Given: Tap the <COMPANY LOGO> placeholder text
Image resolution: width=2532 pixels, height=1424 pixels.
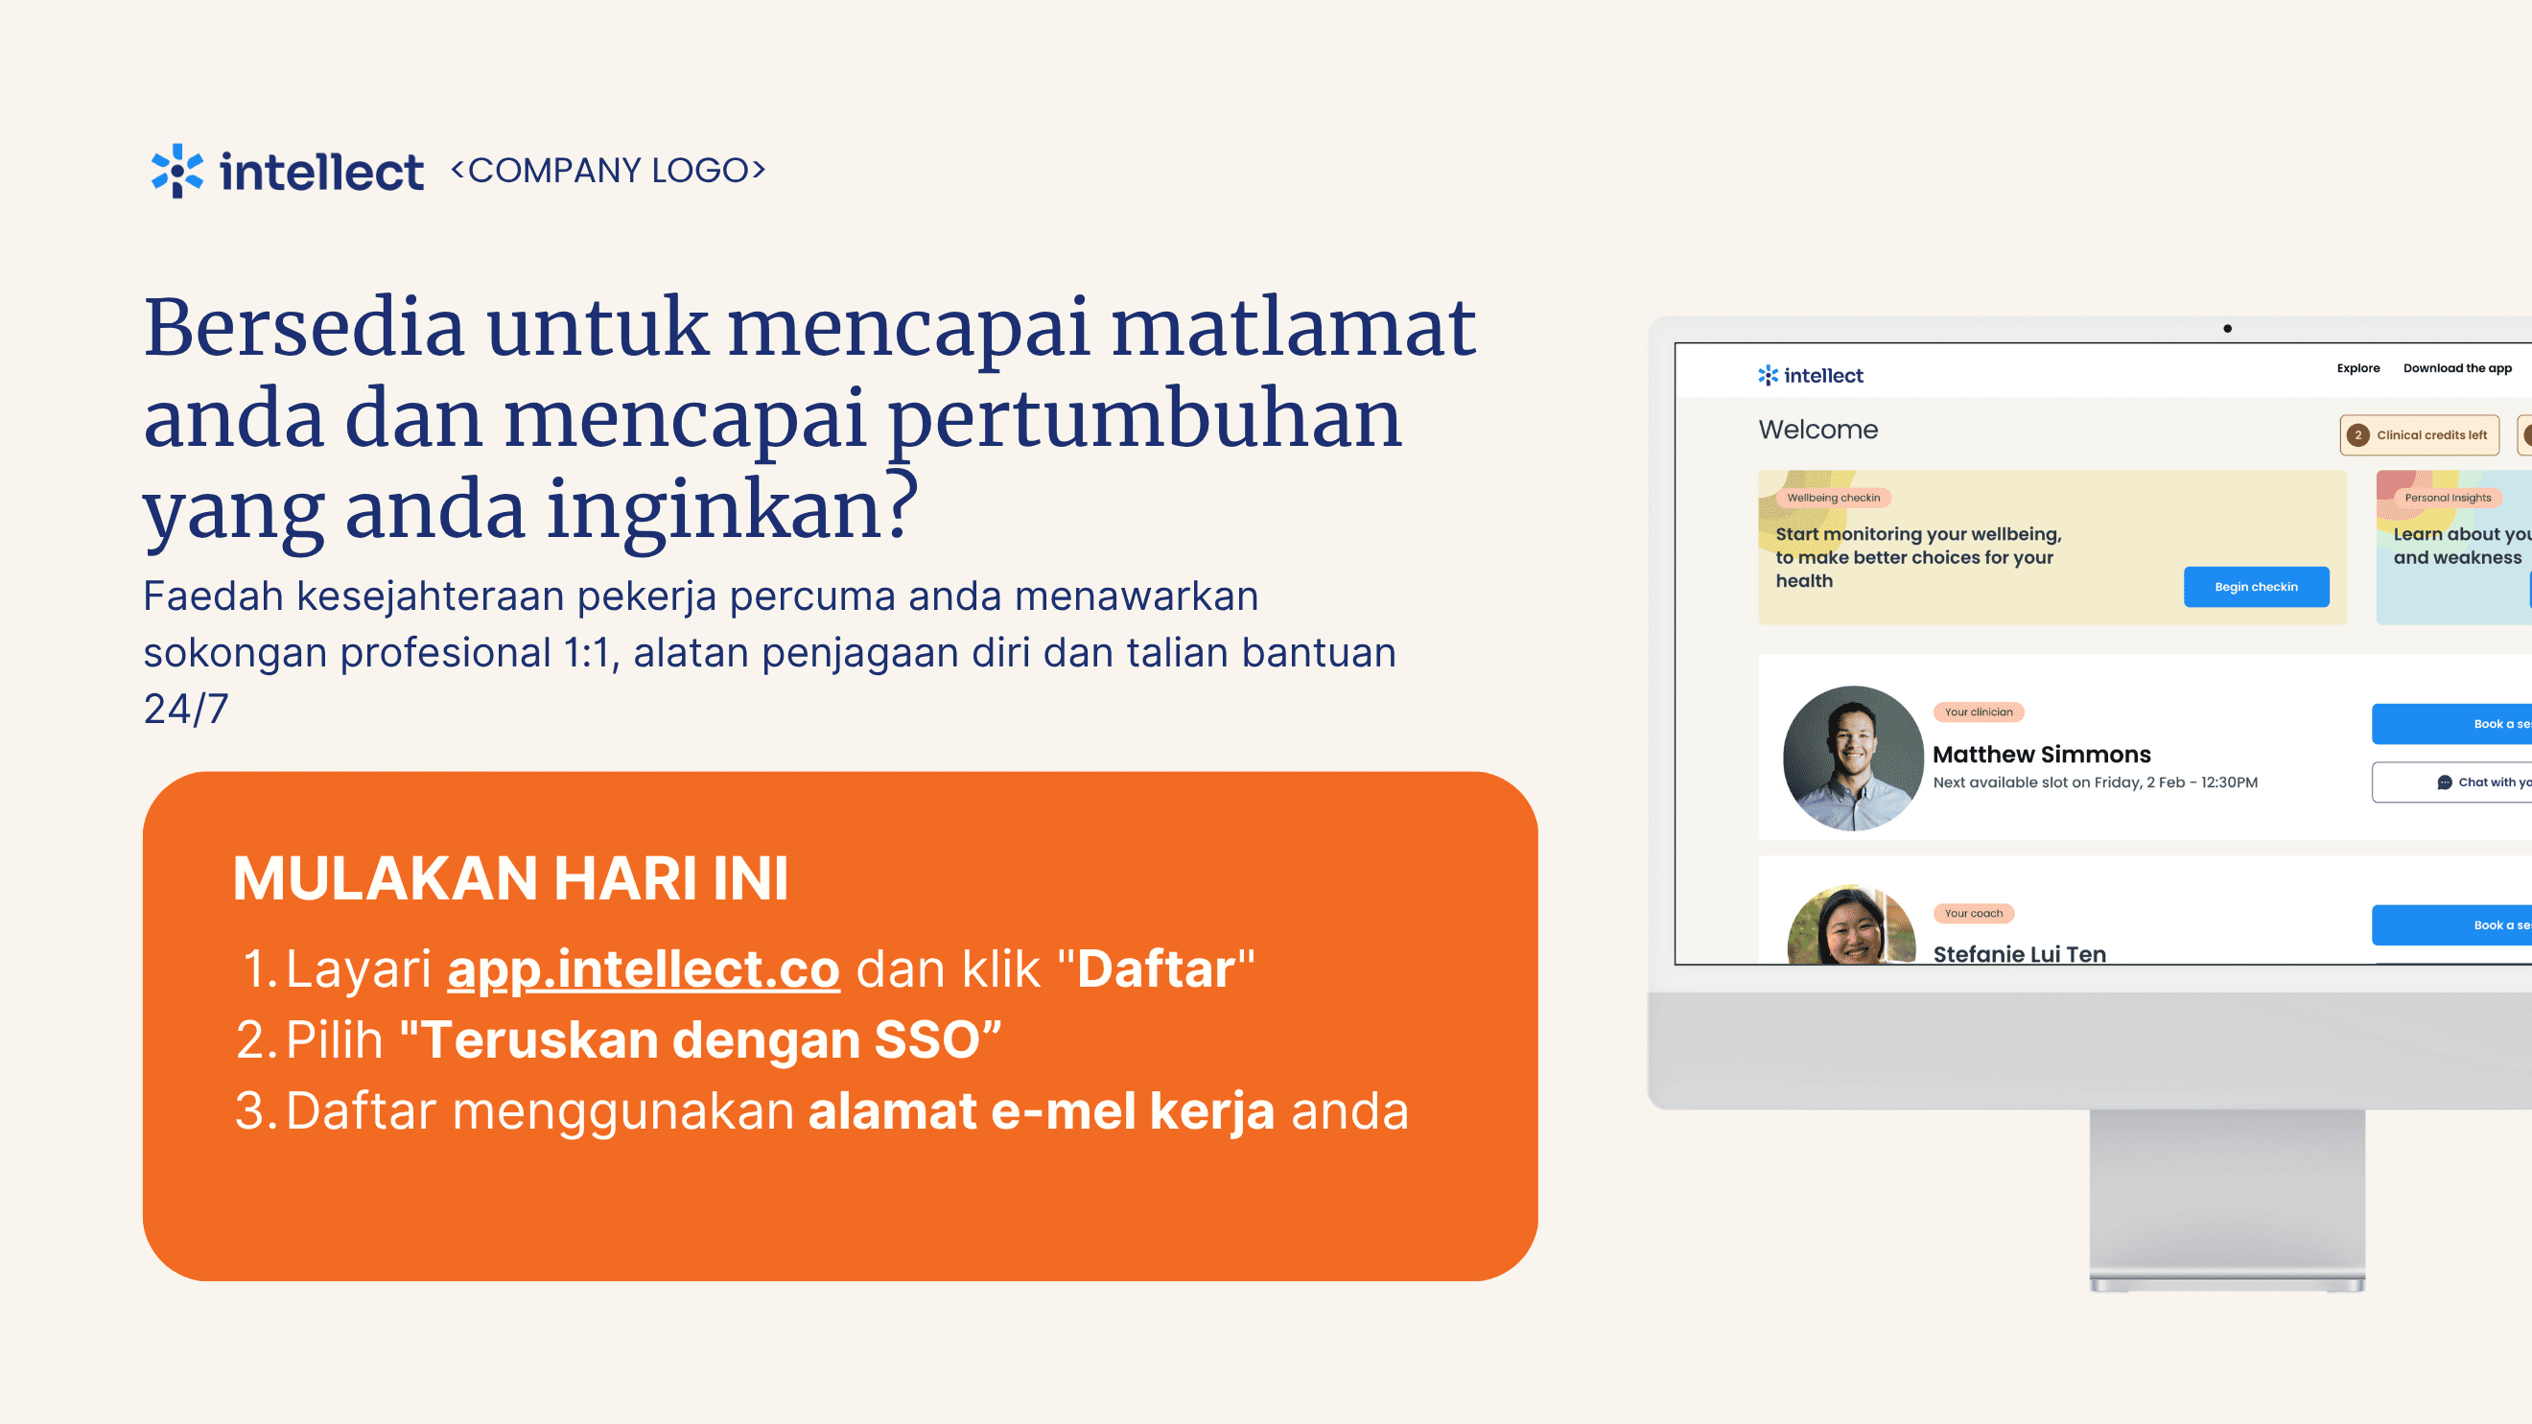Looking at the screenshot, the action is click(x=608, y=170).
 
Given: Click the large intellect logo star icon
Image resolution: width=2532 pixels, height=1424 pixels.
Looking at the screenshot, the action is click(x=176, y=171).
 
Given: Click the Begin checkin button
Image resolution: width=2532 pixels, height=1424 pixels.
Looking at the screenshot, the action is click(x=2256, y=587).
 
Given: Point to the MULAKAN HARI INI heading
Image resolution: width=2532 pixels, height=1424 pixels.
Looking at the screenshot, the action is click(x=511, y=877).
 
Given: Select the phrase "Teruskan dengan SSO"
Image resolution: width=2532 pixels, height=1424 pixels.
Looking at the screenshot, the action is click(x=701, y=1039).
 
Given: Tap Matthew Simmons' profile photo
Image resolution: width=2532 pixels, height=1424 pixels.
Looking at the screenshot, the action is click(x=1853, y=758).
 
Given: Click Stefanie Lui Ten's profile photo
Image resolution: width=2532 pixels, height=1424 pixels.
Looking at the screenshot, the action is click(x=1851, y=924).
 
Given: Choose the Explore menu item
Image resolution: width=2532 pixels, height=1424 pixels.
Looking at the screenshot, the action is click(x=2358, y=368).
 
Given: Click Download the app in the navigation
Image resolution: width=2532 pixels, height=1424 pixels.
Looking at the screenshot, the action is click(x=2457, y=368).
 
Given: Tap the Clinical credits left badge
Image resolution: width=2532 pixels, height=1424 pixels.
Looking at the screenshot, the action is click(x=2419, y=435).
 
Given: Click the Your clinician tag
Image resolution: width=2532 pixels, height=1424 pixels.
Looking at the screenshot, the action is click(x=1979, y=712).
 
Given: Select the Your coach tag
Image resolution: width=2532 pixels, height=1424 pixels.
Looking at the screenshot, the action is click(x=1974, y=914).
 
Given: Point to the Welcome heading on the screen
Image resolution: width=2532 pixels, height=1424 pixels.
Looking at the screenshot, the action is click(x=1818, y=431).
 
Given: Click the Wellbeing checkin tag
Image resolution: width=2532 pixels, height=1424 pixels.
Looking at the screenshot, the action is click(x=1833, y=499).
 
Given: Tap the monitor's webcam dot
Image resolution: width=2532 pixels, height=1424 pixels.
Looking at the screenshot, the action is click(x=2227, y=329).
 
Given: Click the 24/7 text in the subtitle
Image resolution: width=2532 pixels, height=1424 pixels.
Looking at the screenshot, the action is click(x=186, y=709).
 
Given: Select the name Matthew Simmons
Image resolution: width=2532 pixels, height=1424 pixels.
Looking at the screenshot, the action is click(x=2042, y=755).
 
